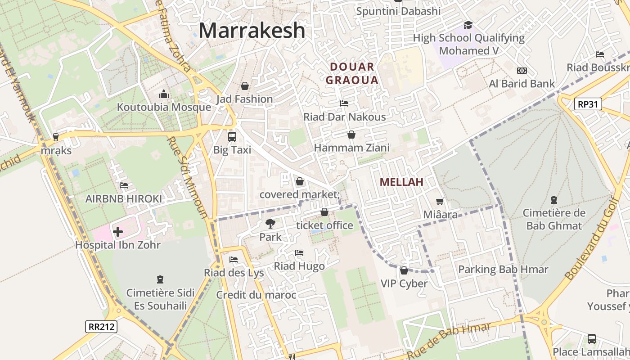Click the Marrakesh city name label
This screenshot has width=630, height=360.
252,31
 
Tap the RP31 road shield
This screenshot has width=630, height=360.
588,104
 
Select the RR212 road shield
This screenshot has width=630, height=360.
101,326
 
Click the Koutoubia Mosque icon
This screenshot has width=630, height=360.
164,94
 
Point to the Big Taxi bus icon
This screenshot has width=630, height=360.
232,137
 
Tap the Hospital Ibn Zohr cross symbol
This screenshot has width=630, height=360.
118,232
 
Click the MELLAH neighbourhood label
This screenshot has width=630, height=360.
401,182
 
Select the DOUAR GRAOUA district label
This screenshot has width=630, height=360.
352,74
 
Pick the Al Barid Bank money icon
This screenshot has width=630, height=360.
522,71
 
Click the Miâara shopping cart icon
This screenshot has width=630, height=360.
440,202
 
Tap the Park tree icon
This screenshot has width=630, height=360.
270,223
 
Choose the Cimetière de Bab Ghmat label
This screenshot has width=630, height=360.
554,219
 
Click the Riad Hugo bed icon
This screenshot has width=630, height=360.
299,253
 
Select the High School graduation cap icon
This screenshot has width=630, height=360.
468,25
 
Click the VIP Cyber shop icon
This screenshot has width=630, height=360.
404,270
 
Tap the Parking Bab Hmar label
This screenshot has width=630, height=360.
503,270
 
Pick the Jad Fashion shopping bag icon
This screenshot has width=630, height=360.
245,85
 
